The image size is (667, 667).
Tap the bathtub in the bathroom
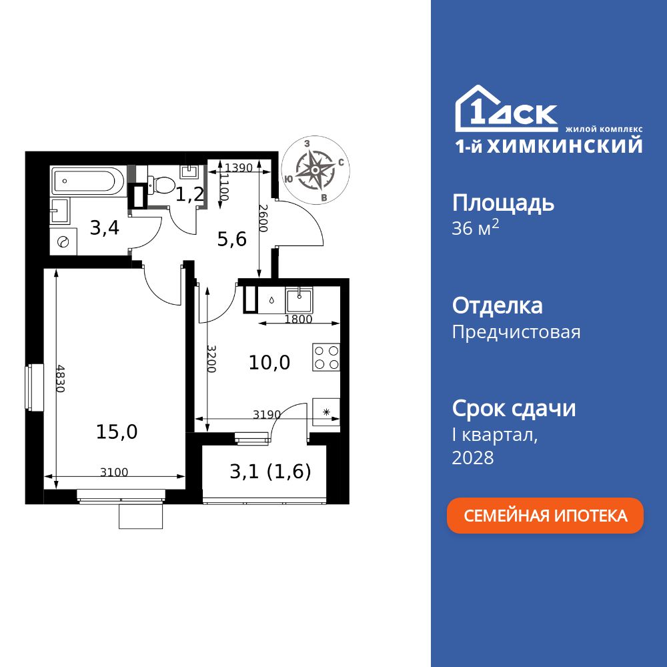(x=87, y=180)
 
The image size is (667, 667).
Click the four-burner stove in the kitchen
(x=326, y=357)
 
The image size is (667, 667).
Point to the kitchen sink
(x=300, y=298)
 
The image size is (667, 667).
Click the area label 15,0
(x=117, y=432)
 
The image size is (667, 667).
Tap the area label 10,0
(x=269, y=362)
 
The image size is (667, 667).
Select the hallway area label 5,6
(x=232, y=239)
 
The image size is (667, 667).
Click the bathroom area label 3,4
(x=105, y=228)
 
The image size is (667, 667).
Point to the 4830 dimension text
(x=60, y=378)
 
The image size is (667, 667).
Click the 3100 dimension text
(x=114, y=473)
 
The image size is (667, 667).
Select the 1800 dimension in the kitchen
(x=298, y=319)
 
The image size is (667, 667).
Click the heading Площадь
(x=503, y=203)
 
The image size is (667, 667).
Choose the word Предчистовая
(x=516, y=332)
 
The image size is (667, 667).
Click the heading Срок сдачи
(x=514, y=408)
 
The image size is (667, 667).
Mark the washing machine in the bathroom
(x=64, y=242)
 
